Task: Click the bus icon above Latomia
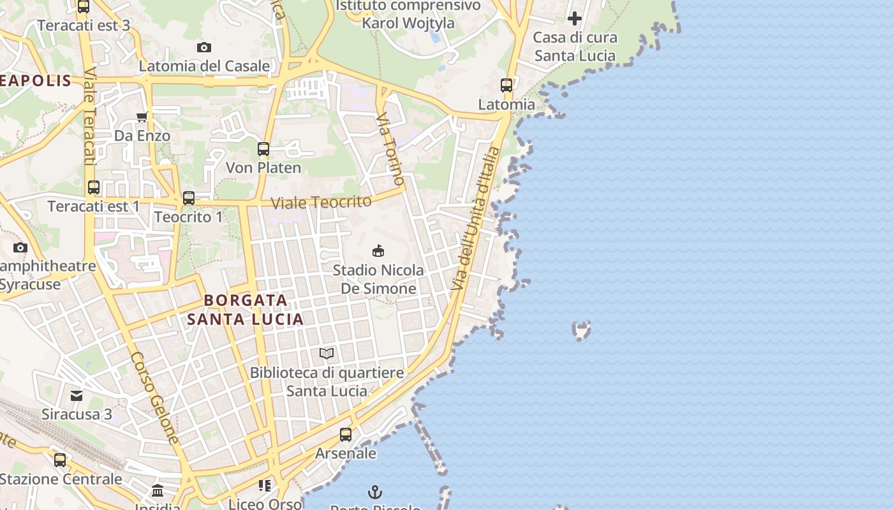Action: pos(506,85)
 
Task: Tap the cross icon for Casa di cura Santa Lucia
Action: pos(575,18)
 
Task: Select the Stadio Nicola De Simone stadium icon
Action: pos(378,251)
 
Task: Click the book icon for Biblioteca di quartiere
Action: pos(327,353)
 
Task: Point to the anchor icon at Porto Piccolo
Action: pos(375,492)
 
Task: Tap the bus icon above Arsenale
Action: pos(346,435)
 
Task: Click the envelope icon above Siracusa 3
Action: pos(77,396)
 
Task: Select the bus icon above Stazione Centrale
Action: pos(60,460)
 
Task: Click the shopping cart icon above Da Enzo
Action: pos(142,117)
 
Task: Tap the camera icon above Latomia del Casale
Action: pos(204,47)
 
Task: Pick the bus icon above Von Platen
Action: pos(263,149)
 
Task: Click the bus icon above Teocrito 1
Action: pos(189,198)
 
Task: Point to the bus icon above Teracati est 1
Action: pos(94,187)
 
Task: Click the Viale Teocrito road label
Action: pos(321,203)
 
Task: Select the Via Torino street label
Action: pos(390,150)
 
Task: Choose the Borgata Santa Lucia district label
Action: pos(246,309)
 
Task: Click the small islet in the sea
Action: pos(581,330)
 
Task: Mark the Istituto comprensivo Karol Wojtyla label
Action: pos(408,15)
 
